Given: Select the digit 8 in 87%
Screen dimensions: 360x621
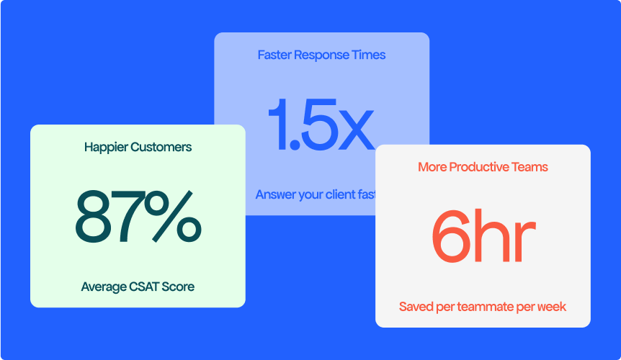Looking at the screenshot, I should [x=97, y=216].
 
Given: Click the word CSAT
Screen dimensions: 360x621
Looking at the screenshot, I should [x=145, y=287].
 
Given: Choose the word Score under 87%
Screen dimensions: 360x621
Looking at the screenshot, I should [x=179, y=287].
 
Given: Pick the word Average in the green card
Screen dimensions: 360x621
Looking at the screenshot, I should [x=104, y=287].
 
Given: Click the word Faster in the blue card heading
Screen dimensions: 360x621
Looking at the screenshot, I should [x=274, y=55].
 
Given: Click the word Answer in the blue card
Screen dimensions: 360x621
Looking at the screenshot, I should [x=275, y=195].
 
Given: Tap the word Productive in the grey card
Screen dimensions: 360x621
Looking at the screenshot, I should [x=478, y=167].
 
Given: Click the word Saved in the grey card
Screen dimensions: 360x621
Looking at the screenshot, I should [x=416, y=307].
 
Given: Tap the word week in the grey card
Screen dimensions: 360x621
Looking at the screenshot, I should [x=553, y=307].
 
